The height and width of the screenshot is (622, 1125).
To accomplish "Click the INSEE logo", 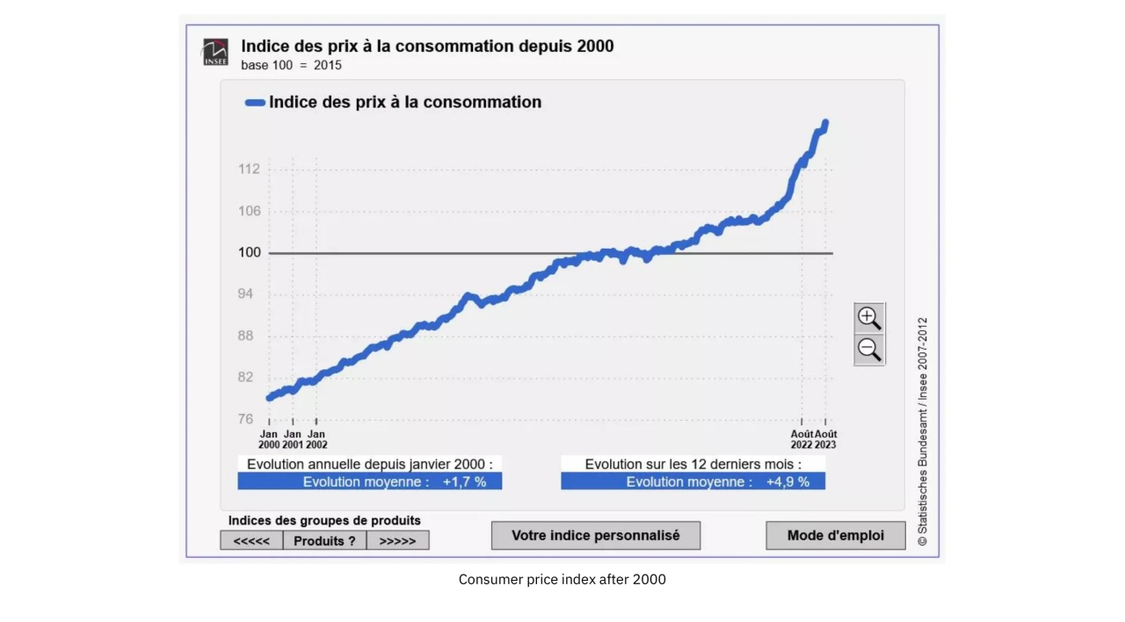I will [x=215, y=52].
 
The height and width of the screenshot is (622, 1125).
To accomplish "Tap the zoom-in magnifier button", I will [x=869, y=318].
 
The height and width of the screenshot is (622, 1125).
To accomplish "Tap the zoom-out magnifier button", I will [x=869, y=350].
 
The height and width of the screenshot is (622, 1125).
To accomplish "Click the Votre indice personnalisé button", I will [x=596, y=535].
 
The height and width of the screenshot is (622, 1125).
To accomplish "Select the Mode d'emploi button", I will [x=835, y=535].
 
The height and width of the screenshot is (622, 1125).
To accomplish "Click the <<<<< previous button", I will [x=251, y=540].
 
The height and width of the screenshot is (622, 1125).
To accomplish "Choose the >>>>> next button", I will [x=397, y=540].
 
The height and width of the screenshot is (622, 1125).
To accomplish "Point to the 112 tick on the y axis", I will [x=250, y=169].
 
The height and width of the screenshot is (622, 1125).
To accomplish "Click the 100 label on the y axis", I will [x=250, y=253].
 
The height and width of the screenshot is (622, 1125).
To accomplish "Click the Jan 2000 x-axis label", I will [x=269, y=439].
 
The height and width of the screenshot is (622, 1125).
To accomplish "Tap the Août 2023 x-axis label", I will [x=826, y=439].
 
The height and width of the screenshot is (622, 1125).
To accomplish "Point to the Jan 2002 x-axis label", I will [x=316, y=439].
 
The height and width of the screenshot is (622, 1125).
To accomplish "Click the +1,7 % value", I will [x=464, y=481].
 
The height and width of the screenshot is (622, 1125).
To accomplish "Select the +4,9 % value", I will [x=787, y=481].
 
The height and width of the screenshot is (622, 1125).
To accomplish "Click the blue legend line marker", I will [x=255, y=103].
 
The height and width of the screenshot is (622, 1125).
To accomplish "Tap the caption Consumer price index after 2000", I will [x=562, y=580].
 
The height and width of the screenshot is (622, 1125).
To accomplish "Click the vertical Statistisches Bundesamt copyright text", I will [x=922, y=431].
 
